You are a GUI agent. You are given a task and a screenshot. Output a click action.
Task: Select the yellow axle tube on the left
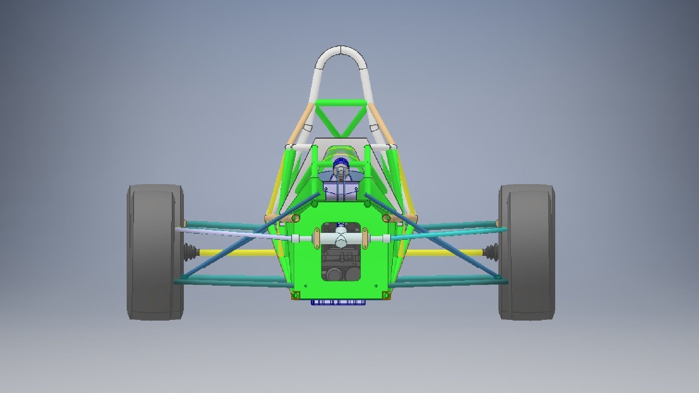(x=233, y=252)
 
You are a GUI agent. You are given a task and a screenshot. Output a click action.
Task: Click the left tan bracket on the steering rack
(x=316, y=238)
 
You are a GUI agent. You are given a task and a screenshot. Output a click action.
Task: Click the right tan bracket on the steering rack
(x=365, y=238)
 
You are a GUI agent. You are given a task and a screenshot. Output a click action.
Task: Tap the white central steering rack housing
(x=341, y=239)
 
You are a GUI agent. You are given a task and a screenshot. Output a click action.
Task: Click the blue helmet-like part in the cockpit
(x=341, y=162)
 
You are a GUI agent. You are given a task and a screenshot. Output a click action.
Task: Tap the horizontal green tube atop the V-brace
(x=341, y=103)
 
